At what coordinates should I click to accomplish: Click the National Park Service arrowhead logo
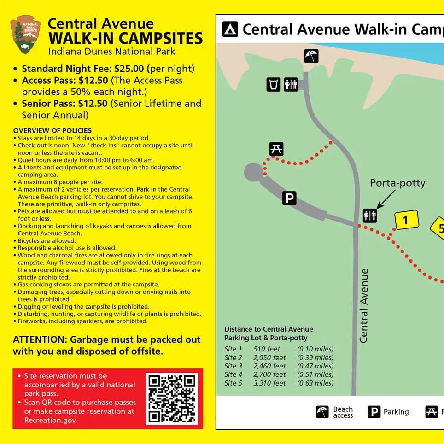[25, 35]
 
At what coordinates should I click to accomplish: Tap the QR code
[172, 399]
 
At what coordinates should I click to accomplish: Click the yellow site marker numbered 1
[406, 220]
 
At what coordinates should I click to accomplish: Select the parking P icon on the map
[289, 198]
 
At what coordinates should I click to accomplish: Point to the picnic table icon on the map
[276, 149]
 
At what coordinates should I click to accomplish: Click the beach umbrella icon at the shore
[311, 56]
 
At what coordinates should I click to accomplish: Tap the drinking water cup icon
[274, 84]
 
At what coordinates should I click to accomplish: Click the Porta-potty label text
[397, 183]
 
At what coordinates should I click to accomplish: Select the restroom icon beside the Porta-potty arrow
[370, 215]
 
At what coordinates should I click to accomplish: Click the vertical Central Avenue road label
[364, 306]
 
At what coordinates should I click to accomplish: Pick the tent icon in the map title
[230, 29]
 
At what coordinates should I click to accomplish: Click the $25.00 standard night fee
[129, 69]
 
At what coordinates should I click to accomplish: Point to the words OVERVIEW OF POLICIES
[52, 130]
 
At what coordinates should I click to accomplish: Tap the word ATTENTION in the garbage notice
[40, 339]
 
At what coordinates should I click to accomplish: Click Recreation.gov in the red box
[50, 420]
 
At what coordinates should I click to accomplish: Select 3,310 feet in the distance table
[269, 383]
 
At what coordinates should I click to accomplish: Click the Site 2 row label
[233, 358]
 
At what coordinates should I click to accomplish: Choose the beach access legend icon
[322, 412]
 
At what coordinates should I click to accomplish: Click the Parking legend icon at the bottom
[374, 412]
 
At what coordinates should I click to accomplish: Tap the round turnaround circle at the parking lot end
[254, 172]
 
